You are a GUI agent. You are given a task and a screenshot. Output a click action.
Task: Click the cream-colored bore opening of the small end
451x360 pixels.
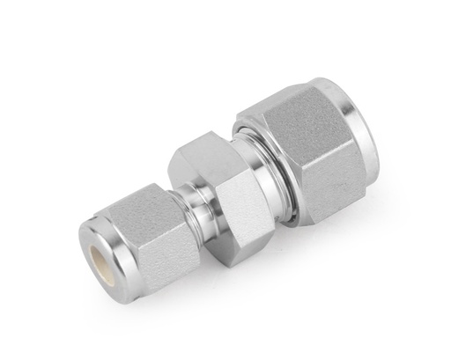point(103,254)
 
